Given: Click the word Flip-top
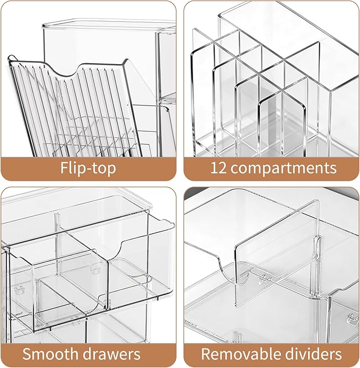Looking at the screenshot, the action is point(88,168).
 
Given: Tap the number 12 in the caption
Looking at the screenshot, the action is point(218,168).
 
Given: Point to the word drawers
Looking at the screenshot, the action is point(110,354).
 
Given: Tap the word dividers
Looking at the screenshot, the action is point(310,354).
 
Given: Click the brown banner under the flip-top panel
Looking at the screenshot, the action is point(88,169).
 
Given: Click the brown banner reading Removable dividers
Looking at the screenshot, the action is point(271,355).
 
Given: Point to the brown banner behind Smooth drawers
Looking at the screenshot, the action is point(88,355).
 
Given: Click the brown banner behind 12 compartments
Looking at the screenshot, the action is point(271,169).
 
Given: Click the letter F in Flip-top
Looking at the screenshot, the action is point(64,168).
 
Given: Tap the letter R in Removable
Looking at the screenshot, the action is point(206,354).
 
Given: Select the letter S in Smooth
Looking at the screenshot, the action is point(27,354).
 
